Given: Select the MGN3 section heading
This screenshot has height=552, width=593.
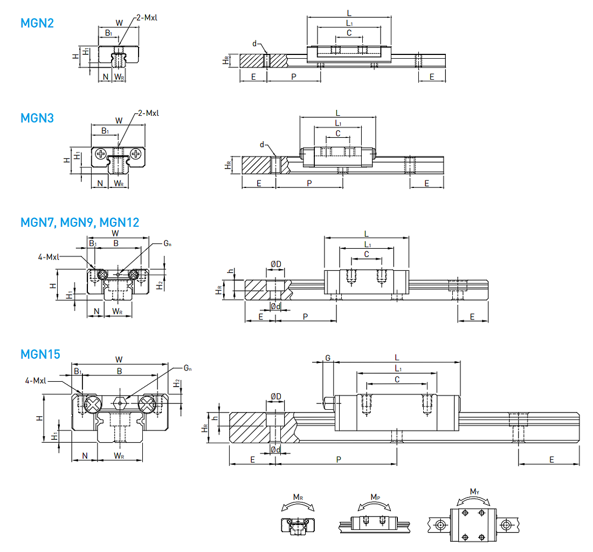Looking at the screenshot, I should pyautogui.click(x=37, y=117).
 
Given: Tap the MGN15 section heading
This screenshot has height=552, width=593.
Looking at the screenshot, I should pyautogui.click(x=40, y=354).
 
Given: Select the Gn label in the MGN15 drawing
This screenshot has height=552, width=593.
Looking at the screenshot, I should pyautogui.click(x=188, y=368).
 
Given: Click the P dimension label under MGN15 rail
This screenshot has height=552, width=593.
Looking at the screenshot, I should pyautogui.click(x=338, y=459).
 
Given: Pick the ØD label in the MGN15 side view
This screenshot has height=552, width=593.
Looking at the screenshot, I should pyautogui.click(x=275, y=397).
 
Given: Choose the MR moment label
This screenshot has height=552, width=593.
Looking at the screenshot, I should pyautogui.click(x=298, y=497).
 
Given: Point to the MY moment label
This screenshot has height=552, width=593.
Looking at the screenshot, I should pyautogui.click(x=474, y=491).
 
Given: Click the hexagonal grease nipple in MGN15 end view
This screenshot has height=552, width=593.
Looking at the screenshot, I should pyautogui.click(x=120, y=402).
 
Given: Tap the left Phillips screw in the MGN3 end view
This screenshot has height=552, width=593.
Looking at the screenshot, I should pyautogui.click(x=101, y=155).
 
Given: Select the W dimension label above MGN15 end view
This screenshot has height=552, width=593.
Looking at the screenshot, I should pyautogui.click(x=119, y=359).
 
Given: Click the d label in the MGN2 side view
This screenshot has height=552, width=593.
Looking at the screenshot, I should pyautogui.click(x=254, y=43).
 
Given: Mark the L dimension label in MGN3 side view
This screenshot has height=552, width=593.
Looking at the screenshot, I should pyautogui.click(x=337, y=113).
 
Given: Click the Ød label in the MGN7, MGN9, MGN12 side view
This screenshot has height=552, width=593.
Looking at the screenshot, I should pyautogui.click(x=275, y=306).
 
